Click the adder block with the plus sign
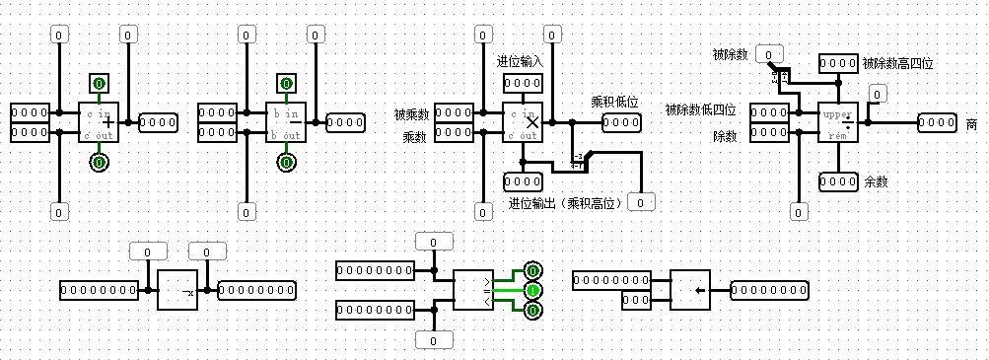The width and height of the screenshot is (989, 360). [99, 122]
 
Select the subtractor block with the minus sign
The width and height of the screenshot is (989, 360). [286, 122]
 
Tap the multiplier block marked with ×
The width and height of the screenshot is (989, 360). [523, 122]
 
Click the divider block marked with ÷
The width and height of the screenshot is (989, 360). [838, 122]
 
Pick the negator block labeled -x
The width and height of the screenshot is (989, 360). [177, 290]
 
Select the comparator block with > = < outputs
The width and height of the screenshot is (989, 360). [473, 290]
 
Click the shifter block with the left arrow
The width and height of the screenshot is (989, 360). [690, 290]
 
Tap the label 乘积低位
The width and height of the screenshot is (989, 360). [614, 102]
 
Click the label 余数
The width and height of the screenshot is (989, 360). [876, 182]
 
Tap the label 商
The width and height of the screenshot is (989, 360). [971, 123]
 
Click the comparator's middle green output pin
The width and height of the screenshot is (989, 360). [532, 291]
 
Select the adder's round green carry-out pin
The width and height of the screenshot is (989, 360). [99, 162]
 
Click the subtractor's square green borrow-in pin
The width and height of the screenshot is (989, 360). [286, 83]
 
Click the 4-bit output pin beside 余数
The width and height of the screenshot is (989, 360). [838, 181]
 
